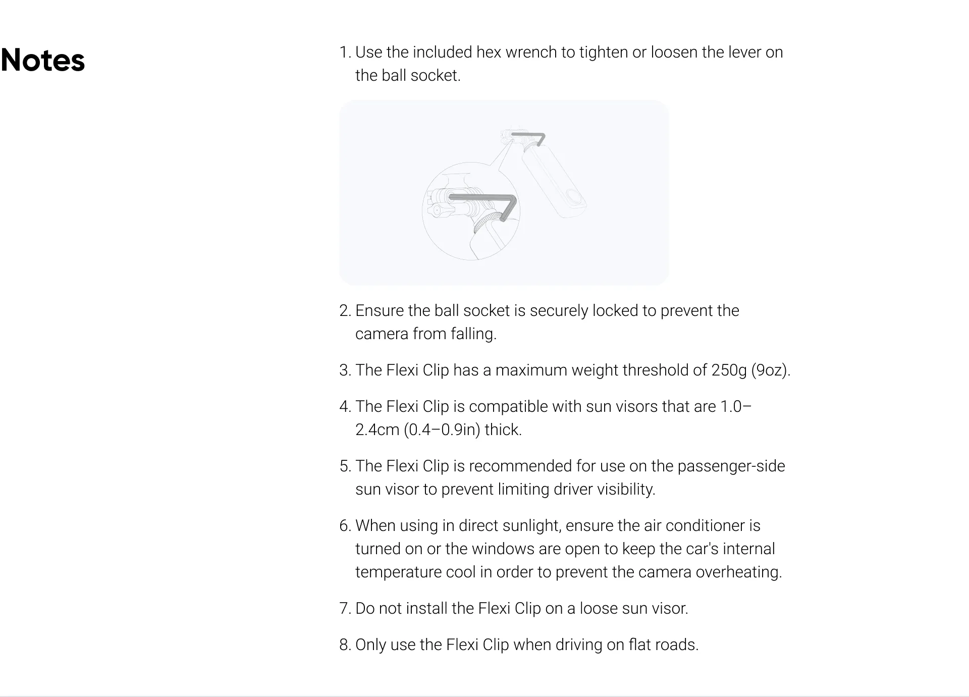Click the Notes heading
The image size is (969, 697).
[x=43, y=61]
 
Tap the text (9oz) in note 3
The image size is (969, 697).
[x=771, y=370]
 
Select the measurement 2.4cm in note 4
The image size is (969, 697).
[x=377, y=430]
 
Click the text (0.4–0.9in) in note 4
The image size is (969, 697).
[x=442, y=430]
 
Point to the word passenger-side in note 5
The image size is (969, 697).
[x=731, y=466]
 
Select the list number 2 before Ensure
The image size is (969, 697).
[x=345, y=311]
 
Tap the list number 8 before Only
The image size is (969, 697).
[x=345, y=645]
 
